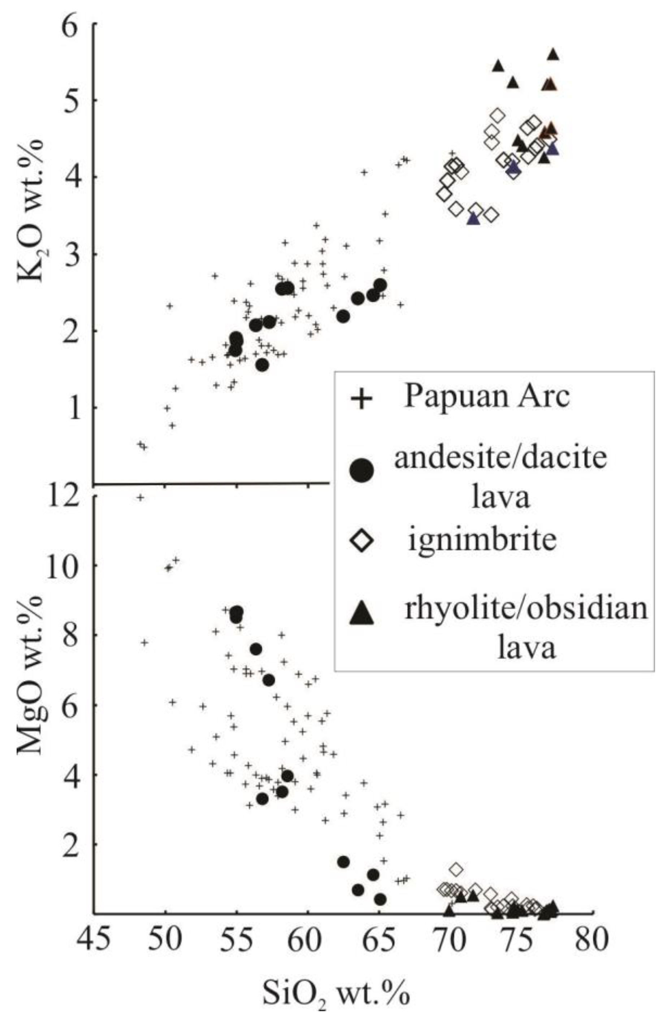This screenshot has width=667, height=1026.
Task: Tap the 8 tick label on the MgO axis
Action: [73, 635]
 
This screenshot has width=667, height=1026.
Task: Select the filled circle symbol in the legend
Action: [361, 471]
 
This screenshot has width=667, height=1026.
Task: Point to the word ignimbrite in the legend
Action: [482, 540]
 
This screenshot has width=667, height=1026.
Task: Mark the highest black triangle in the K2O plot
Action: [554, 54]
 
